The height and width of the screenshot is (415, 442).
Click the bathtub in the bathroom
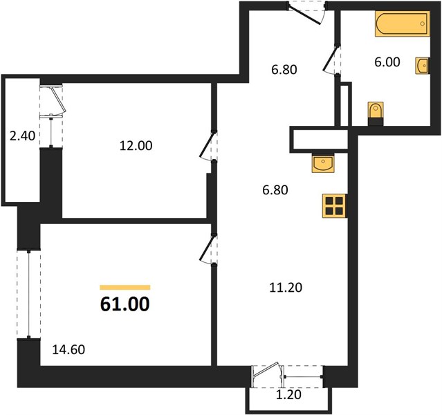(403, 24)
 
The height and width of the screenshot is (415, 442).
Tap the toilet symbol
(376, 113)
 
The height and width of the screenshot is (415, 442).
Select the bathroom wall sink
(422, 66)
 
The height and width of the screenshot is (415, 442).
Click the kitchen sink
(323, 163)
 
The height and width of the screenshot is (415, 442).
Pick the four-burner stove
(334, 206)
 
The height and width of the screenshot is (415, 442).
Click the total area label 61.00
(125, 304)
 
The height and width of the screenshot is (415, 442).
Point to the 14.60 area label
(68, 349)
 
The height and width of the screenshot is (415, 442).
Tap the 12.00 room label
(136, 145)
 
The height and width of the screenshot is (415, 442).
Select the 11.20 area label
(286, 288)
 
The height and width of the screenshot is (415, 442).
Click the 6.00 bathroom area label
(387, 62)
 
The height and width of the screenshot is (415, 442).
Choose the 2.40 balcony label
(22, 136)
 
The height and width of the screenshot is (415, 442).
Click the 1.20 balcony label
(288, 395)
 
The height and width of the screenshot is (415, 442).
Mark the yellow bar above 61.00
(125, 287)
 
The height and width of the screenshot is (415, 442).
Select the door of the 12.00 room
(208, 146)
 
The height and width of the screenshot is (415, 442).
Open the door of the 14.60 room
(208, 249)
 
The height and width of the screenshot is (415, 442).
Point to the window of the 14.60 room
(29, 294)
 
